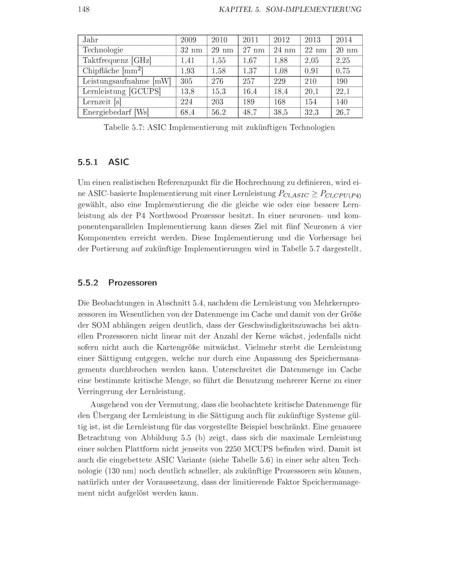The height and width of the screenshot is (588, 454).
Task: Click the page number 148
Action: pos(84,9)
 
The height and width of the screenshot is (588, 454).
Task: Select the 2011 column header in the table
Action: pos(251,40)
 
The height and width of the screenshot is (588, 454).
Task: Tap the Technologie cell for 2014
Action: pos(346,50)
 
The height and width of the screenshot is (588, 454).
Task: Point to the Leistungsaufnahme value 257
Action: pos(249,81)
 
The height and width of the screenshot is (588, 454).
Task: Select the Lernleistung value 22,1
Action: pos(343,91)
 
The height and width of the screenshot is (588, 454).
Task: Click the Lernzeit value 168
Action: pos(280,102)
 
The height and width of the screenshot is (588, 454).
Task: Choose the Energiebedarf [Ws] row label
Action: pos(115,112)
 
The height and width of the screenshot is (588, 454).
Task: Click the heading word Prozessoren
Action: pos(133,283)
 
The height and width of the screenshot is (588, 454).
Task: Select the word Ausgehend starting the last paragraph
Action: pos(112,404)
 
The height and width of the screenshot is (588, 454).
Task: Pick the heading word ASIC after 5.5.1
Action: pos(118,162)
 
